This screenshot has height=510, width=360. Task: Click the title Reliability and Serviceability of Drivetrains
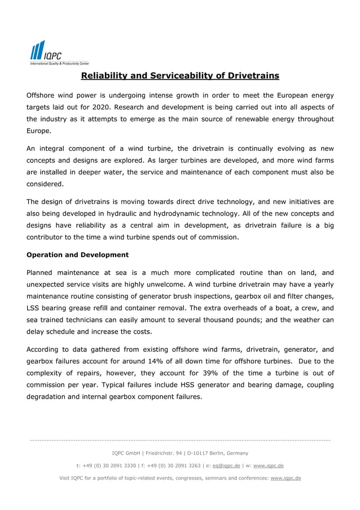pos(180,76)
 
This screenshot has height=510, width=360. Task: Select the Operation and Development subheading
pos(77,255)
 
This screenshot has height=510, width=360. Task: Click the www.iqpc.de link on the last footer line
pos(286,478)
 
